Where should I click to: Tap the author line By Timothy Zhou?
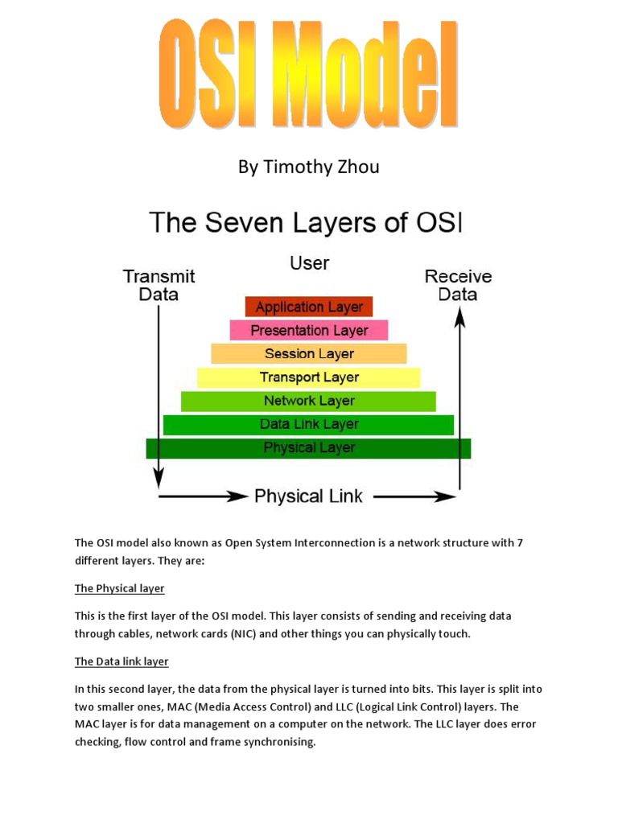click(308, 167)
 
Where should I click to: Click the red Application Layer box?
click(309, 307)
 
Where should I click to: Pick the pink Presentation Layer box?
click(309, 330)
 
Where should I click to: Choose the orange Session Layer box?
click(309, 353)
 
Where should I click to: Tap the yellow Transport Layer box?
click(309, 377)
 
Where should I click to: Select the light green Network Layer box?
click(309, 401)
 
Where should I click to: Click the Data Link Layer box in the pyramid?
click(309, 424)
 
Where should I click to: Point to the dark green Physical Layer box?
click(309, 447)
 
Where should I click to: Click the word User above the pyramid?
click(309, 262)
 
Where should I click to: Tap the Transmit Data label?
click(159, 285)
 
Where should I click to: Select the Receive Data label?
click(458, 285)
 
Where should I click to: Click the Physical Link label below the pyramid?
click(309, 496)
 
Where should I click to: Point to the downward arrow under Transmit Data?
click(159, 394)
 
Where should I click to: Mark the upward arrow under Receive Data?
click(459, 394)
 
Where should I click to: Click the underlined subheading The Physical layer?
click(120, 588)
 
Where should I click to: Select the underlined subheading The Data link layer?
click(122, 661)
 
